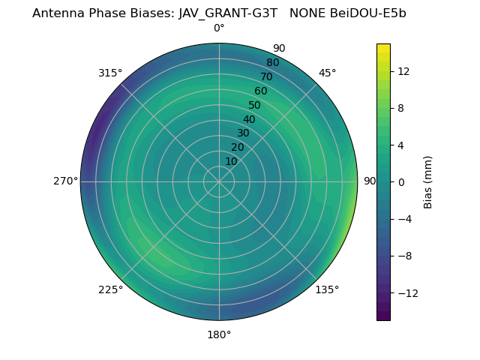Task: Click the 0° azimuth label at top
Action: pos(219,28)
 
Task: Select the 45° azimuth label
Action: pos(327,73)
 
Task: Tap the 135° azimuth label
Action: pos(327,289)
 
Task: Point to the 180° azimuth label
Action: pos(219,334)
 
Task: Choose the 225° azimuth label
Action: pos(110,289)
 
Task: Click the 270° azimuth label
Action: pos(65,181)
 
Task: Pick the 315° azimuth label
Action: pos(110,73)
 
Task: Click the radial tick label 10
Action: pos(231,161)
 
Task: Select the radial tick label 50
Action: pos(255,105)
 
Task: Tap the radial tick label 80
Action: pos(272,63)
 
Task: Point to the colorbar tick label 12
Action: pos(403,71)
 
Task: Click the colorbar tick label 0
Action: pos(401,181)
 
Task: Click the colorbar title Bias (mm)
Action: pos(428,181)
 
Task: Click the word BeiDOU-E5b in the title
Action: pos(367,13)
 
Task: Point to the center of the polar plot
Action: pos(219,181)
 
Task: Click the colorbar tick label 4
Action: pos(401,145)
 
